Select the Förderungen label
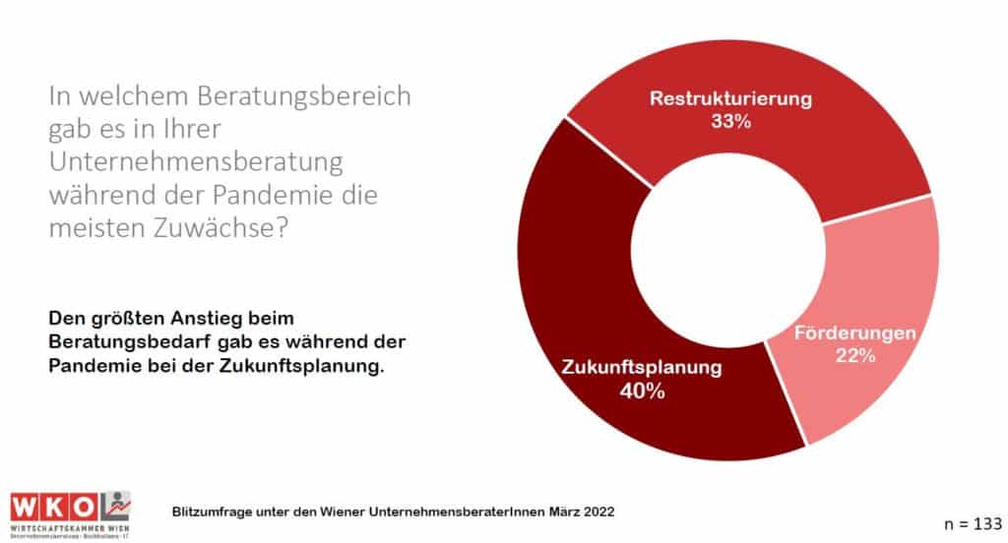[855, 333]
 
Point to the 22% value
[855, 356]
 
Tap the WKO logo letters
[54, 505]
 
